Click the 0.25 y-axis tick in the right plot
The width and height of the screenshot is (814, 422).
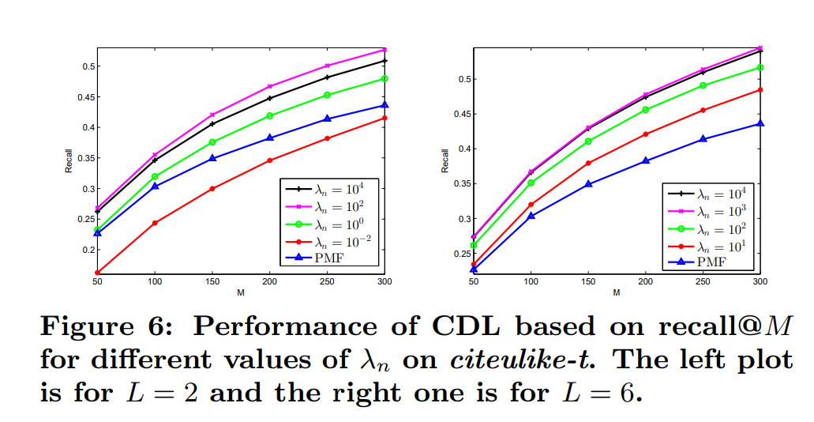(461, 254)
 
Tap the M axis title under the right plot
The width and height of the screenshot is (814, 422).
(617, 292)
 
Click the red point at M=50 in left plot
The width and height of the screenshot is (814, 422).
(97, 273)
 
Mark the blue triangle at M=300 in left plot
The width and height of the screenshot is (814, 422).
(384, 105)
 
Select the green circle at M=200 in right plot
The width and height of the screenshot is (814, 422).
(646, 110)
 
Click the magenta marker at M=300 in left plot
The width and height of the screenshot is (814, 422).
(384, 50)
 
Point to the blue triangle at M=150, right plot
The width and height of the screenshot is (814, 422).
(588, 184)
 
